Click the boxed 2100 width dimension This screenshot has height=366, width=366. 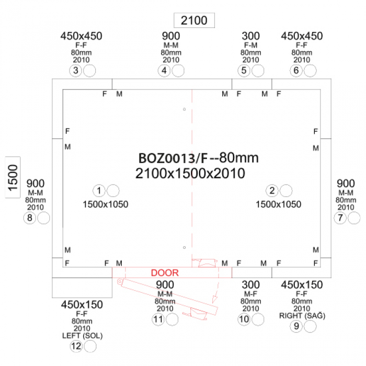(x=194, y=20)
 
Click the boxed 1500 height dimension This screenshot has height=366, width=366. (x=13, y=177)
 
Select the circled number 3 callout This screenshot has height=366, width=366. (x=75, y=71)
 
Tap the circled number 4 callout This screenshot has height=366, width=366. (x=164, y=71)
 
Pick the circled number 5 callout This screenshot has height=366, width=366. (x=244, y=71)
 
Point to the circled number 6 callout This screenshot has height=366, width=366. (x=296, y=71)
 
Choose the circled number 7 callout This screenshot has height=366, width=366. (x=340, y=218)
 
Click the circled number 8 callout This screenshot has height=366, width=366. (x=30, y=218)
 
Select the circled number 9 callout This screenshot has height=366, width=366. (x=296, y=326)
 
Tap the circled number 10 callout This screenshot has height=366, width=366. (x=244, y=319)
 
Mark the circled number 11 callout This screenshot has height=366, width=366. (x=158, y=319)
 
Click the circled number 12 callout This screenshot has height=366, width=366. (x=76, y=346)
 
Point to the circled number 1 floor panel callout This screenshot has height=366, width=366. (x=99, y=191)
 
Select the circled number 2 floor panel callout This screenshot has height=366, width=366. (x=272, y=191)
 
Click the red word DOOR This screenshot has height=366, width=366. (x=165, y=273)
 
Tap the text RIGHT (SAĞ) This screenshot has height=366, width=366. (x=302, y=316)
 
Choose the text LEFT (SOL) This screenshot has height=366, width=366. (x=83, y=336)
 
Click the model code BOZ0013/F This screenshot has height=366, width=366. (x=173, y=158)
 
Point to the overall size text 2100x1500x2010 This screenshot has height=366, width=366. (x=190, y=174)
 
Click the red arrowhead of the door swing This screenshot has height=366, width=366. (x=214, y=299)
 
